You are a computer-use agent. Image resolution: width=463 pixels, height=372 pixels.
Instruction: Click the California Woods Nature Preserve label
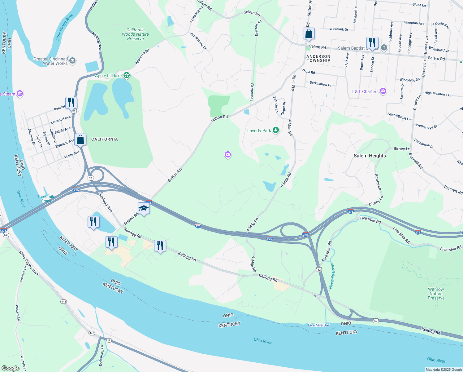(x=135, y=34)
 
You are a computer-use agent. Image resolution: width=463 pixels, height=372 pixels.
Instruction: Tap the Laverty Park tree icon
(x=275, y=131)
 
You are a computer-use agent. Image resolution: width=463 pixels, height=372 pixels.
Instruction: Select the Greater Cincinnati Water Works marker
(x=73, y=61)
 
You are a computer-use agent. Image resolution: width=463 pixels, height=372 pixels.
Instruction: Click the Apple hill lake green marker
(x=126, y=75)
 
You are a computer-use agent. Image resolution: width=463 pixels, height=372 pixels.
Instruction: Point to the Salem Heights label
(x=370, y=156)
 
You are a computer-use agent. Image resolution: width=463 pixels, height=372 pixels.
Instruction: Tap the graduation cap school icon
(x=144, y=208)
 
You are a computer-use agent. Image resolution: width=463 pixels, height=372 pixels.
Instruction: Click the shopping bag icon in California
(x=80, y=139)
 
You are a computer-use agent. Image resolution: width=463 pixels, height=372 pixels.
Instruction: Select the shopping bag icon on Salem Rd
(x=309, y=33)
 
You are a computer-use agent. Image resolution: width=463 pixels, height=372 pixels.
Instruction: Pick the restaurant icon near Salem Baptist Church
(x=372, y=43)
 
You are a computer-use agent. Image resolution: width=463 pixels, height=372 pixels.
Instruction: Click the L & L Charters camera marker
(x=383, y=91)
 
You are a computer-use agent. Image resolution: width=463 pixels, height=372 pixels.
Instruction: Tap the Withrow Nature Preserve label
(x=436, y=294)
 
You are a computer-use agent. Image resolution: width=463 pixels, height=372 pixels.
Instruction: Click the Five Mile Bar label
(x=318, y=325)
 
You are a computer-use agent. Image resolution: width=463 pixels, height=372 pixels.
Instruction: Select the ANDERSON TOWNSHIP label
(x=318, y=58)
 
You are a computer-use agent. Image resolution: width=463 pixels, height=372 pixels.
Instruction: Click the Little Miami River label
(x=65, y=27)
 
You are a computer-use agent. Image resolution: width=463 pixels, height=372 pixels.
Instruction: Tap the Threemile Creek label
(x=46, y=199)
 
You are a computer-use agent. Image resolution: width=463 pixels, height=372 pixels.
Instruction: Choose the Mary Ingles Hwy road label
(x=29, y=263)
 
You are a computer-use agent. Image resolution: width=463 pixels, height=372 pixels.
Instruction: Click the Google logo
(x=11, y=368)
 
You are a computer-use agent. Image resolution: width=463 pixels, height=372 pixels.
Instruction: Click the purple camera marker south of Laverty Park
(x=228, y=155)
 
